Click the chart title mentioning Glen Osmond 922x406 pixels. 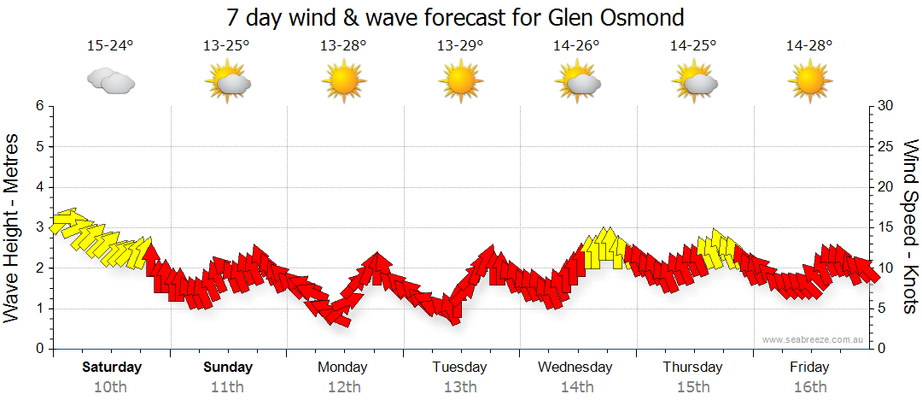coord(456,17)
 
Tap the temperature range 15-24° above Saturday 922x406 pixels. coord(111,46)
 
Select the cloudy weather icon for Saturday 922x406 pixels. coord(111,81)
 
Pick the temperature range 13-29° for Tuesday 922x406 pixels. coord(460,46)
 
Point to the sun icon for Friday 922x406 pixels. coord(809,82)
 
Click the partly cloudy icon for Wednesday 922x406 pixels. coord(577,82)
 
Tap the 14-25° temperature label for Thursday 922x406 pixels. coord(693,46)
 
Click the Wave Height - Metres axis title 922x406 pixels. coord(13,227)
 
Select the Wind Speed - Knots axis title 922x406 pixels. coord(909,227)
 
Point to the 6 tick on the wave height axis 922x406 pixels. coord(38,106)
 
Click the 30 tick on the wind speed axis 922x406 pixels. coord(886,106)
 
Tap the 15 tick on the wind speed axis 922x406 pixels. coord(886,227)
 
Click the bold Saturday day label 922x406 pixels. coord(111,368)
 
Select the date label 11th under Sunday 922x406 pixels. coord(228,386)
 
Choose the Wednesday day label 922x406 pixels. coord(575,368)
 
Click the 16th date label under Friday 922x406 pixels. coord(809,386)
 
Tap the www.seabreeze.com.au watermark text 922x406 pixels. coord(814,339)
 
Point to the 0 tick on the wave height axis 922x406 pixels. coord(38,349)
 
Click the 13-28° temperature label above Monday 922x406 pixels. coord(343,46)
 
